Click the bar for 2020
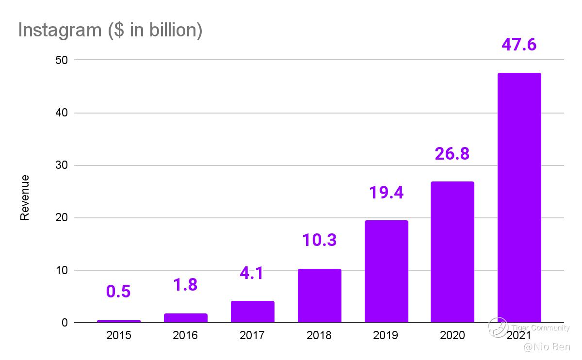(453, 252)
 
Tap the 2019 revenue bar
(386, 271)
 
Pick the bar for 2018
(319, 295)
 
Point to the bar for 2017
(252, 311)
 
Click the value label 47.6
(519, 45)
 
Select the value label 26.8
(452, 154)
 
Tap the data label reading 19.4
(386, 193)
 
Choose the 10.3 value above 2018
(319, 240)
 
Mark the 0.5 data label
(118, 292)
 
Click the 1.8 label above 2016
(185, 285)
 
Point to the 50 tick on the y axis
(64, 60)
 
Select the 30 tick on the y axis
(64, 165)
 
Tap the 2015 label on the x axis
(118, 335)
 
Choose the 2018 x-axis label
(319, 335)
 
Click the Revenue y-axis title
(25, 197)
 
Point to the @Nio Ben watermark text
(547, 347)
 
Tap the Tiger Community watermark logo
(498, 327)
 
